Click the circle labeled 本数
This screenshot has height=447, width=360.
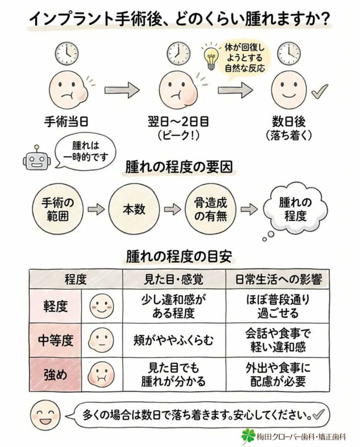pyautogui.click(x=134, y=210)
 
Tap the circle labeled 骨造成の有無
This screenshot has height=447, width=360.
pyautogui.click(x=210, y=210)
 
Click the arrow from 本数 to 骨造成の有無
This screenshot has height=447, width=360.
pyautogui.click(x=172, y=210)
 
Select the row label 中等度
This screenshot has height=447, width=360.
pyautogui.click(x=55, y=340)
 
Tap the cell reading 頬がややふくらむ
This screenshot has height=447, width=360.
pyautogui.click(x=174, y=340)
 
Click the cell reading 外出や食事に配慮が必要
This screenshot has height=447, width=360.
pyautogui.click(x=278, y=374)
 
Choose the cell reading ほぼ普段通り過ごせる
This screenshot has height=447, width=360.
pyautogui.click(x=278, y=306)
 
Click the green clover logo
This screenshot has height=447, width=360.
pyautogui.click(x=248, y=436)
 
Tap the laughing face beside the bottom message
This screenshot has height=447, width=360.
pyautogui.click(x=45, y=415)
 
